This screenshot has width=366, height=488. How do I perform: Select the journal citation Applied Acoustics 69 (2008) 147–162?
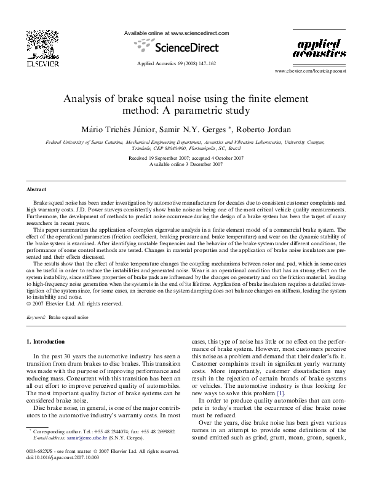(x=176, y=64)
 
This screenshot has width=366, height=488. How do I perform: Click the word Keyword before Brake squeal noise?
(x=36, y=318)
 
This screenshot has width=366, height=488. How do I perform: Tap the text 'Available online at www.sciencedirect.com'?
(x=177, y=32)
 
